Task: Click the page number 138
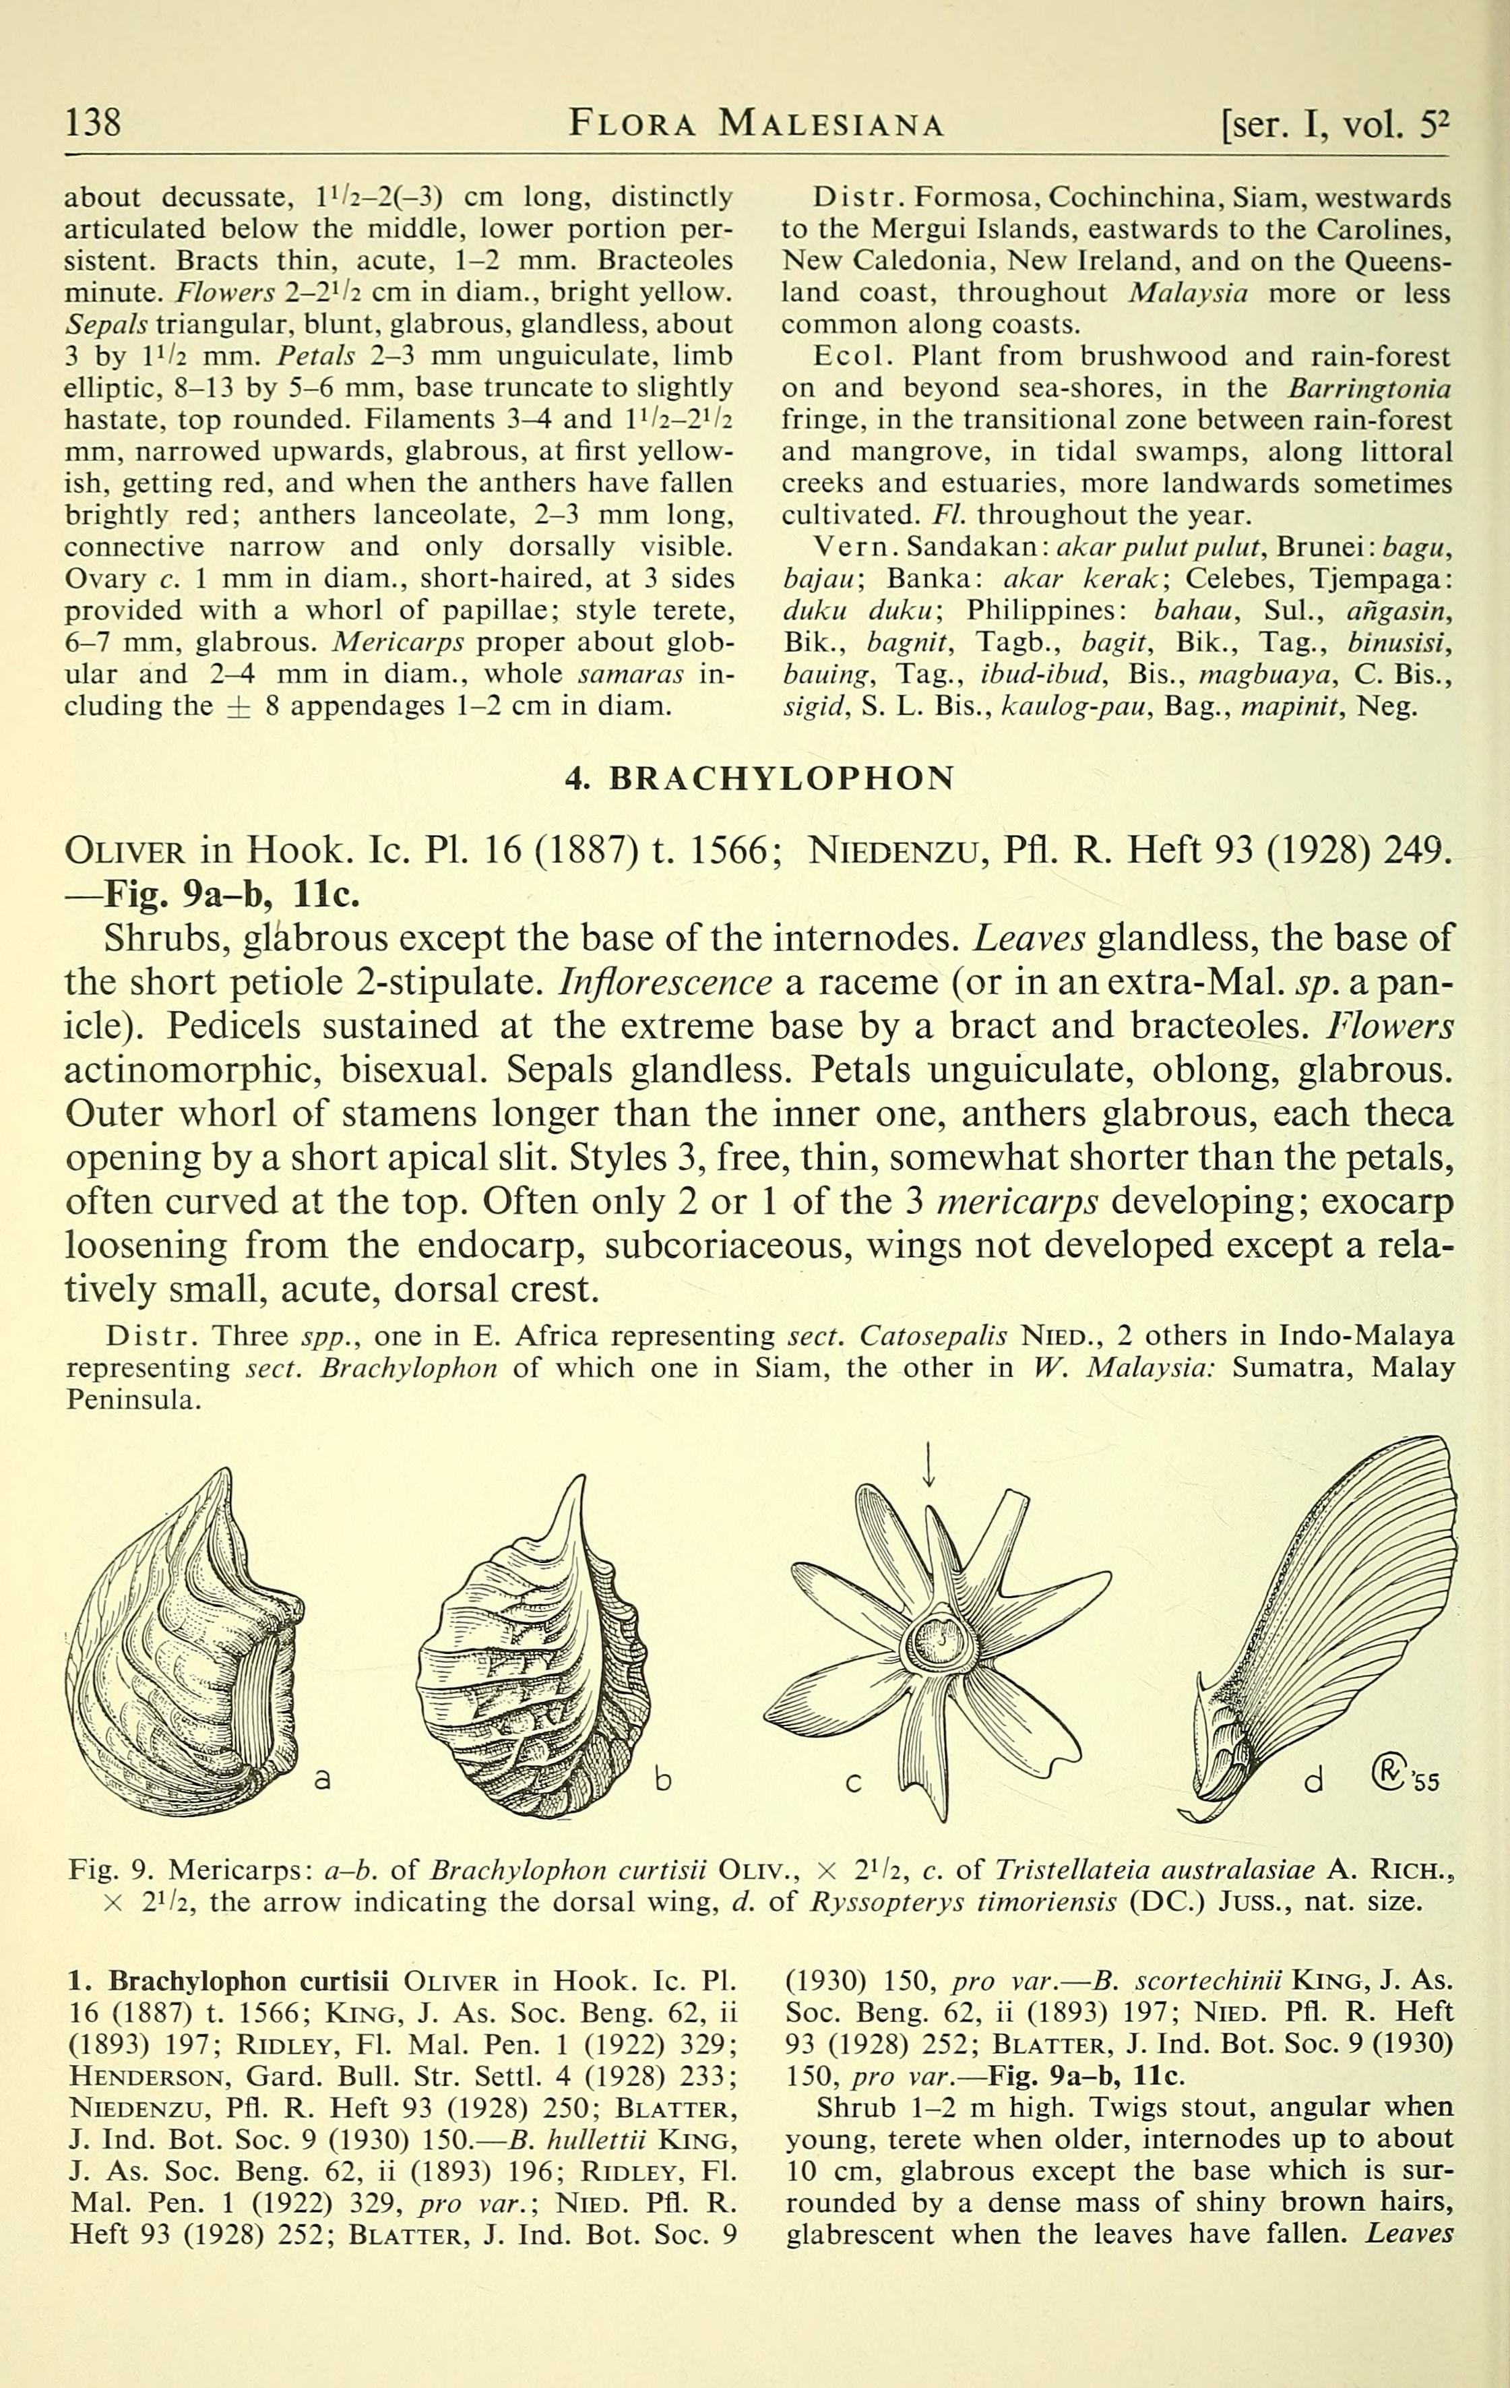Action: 93,123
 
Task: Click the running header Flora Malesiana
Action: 755,124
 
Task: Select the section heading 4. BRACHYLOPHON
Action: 759,778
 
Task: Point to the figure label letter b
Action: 663,1781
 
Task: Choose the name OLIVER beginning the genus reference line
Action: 125,851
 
